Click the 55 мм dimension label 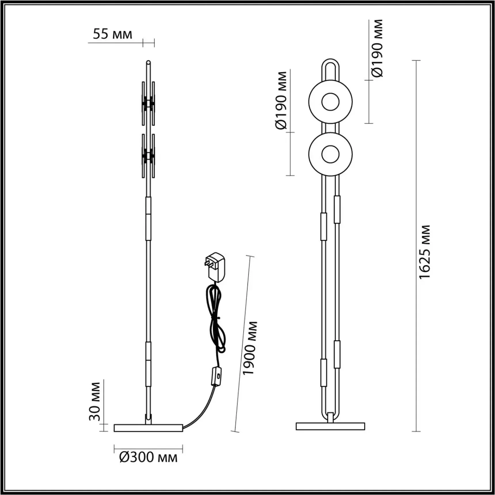[x=112, y=34]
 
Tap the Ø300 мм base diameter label [x=148, y=457]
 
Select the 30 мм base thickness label [x=95, y=401]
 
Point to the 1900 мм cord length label [x=249, y=348]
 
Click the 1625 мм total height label [x=424, y=252]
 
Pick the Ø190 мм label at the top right [x=377, y=48]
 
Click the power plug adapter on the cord [x=215, y=267]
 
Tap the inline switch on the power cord [x=216, y=376]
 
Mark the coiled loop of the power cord [x=216, y=317]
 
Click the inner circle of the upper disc [x=330, y=102]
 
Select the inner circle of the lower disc [x=330, y=154]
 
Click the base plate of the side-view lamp [x=148, y=428]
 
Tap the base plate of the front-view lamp [x=330, y=426]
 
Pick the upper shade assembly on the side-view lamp [x=148, y=104]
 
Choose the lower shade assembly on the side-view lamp [x=148, y=156]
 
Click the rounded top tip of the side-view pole [x=148, y=62]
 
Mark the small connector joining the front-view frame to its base [x=330, y=418]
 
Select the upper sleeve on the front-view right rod [x=337, y=210]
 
